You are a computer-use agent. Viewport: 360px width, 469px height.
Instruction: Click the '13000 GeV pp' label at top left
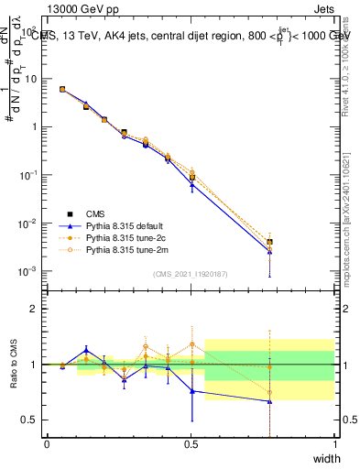click(78, 9)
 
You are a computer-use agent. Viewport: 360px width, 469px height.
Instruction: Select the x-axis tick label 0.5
click(191, 444)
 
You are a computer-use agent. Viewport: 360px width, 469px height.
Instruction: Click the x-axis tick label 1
click(335, 444)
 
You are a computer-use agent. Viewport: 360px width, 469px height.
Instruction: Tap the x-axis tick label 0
click(47, 444)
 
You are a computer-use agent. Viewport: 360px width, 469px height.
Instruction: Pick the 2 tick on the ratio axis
click(37, 309)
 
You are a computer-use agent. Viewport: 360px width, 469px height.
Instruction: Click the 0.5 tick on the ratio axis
click(33, 420)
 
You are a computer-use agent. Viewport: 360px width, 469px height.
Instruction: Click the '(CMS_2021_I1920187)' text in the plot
click(190, 274)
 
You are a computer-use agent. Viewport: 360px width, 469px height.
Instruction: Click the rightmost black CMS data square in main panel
click(269, 243)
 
